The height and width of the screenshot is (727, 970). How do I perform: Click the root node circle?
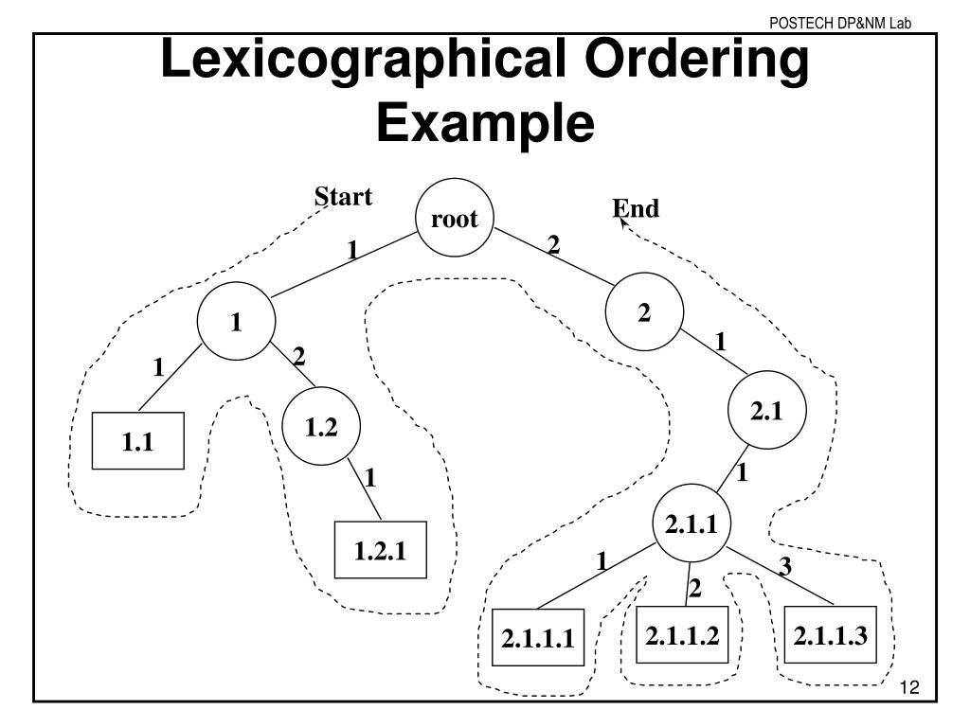(455, 220)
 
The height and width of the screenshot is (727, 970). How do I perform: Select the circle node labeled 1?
(235, 323)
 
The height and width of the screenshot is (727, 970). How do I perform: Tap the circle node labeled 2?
(644, 313)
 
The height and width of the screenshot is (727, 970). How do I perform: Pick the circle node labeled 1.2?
(321, 428)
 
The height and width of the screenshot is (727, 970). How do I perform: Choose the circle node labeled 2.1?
(765, 410)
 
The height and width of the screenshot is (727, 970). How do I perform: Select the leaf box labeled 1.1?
(137, 441)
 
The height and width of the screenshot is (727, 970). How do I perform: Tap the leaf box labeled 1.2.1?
(381, 550)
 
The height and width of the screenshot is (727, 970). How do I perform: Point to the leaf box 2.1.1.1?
(538, 638)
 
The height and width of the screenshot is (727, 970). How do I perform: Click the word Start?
(343, 197)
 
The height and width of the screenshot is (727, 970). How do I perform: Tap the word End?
(637, 209)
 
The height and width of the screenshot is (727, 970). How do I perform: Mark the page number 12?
(910, 687)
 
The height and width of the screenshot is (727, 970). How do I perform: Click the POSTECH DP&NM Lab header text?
(840, 23)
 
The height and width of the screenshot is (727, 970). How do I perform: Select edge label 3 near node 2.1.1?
(784, 568)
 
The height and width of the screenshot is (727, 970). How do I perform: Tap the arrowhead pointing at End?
(621, 222)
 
